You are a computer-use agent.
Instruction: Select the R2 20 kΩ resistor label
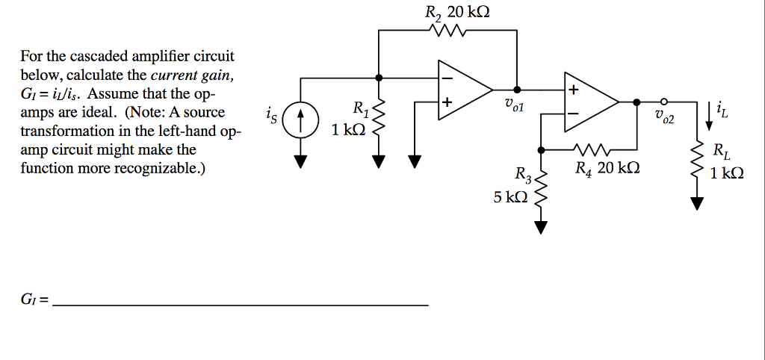pyautogui.click(x=457, y=12)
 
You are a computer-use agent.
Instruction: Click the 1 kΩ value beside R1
pyautogui.click(x=348, y=130)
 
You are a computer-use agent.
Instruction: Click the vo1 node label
pyautogui.click(x=515, y=107)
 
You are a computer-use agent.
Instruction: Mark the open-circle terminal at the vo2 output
pyautogui.click(x=663, y=102)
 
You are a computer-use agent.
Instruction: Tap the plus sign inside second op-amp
pyautogui.click(x=574, y=89)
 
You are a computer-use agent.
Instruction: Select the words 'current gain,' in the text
pyautogui.click(x=193, y=75)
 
